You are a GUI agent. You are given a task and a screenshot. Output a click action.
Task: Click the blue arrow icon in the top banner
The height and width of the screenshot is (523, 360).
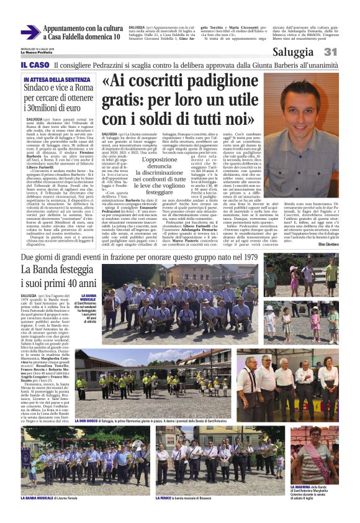tap(30, 32)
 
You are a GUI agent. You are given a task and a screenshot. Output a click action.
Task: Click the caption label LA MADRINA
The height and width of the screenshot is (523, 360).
tap(304, 486)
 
